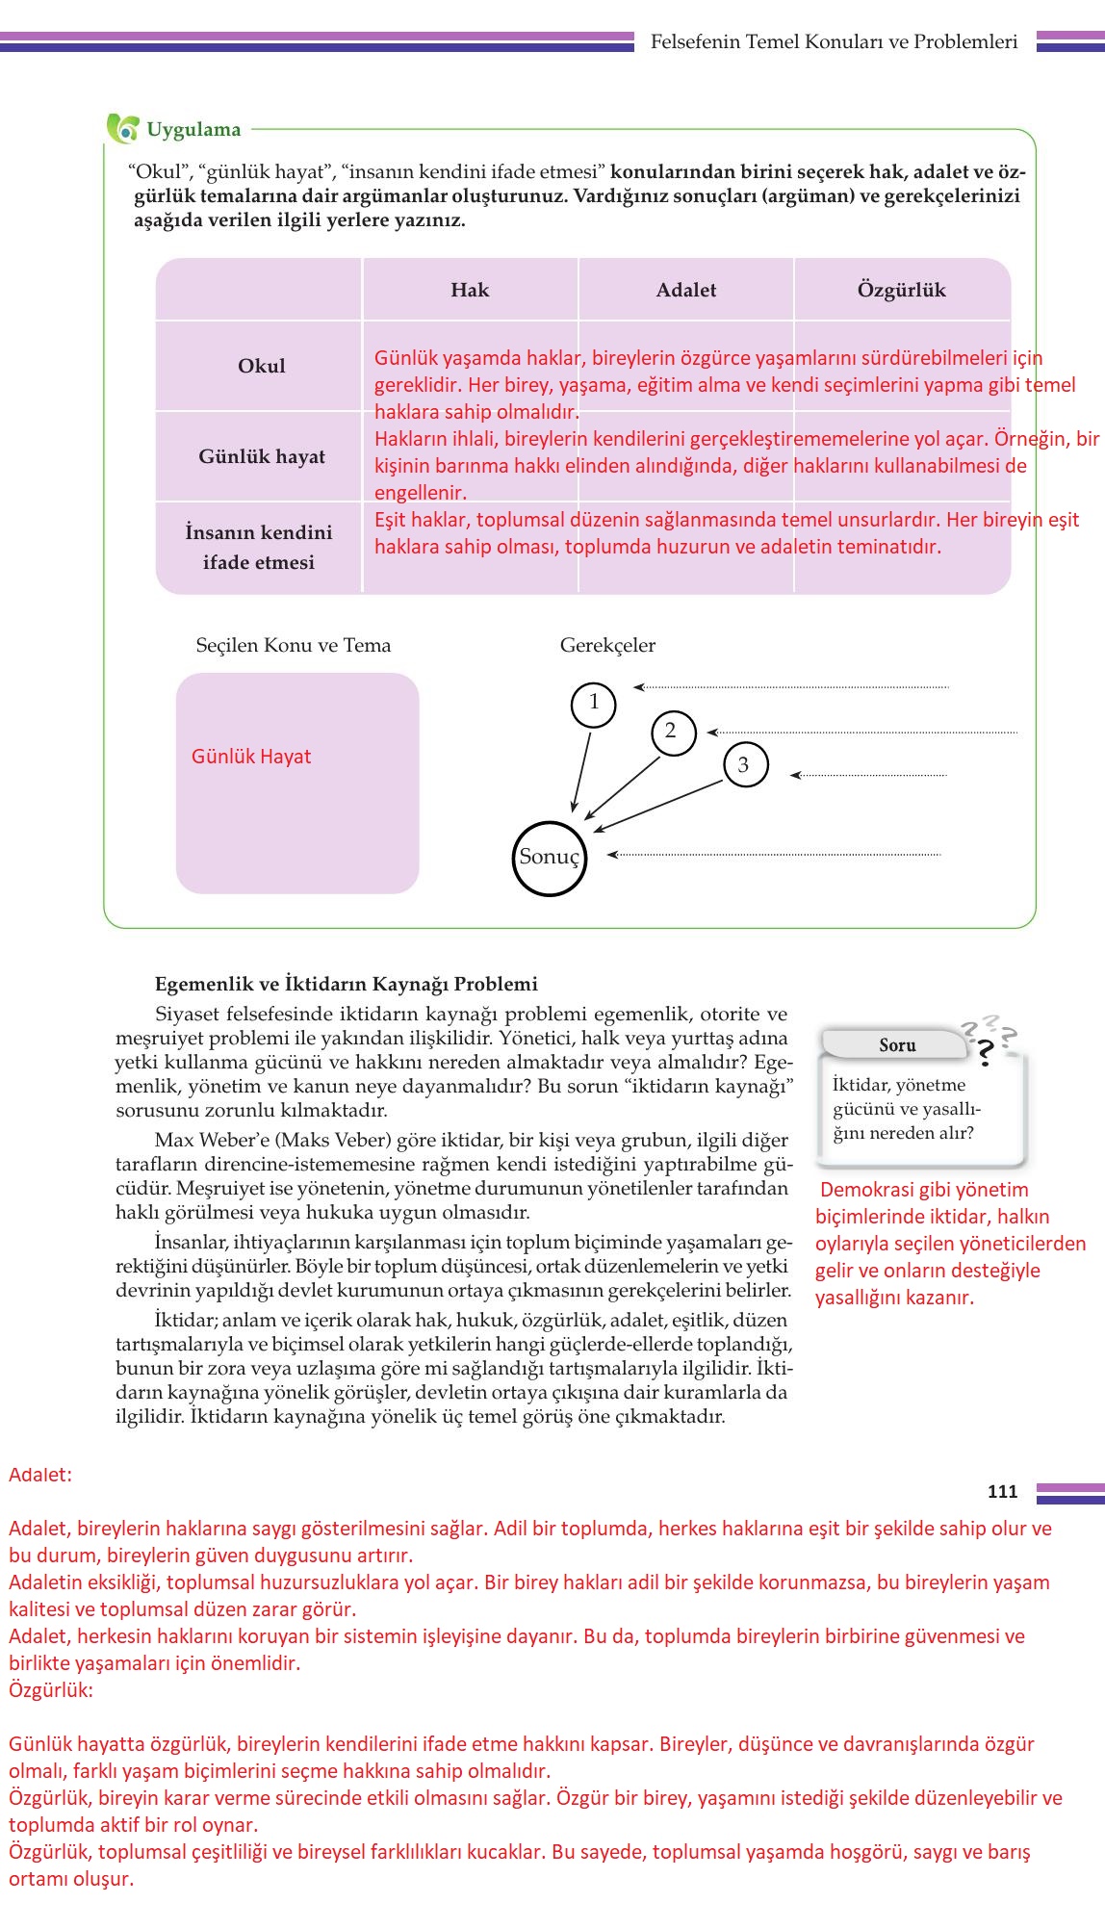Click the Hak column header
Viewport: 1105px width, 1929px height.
[x=470, y=290]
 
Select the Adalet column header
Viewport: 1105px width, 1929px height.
[x=685, y=290]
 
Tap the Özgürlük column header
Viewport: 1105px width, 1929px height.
[x=901, y=290]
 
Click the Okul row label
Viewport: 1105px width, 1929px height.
[x=261, y=366]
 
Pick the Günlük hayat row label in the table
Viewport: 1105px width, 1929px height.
[x=262, y=456]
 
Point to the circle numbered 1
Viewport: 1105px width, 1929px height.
[x=593, y=704]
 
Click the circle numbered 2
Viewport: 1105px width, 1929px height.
[x=672, y=732]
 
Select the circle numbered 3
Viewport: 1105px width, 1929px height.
[x=744, y=765]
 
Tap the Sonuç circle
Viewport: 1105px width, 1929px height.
[x=549, y=857]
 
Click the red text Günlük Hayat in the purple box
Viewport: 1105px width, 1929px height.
[x=251, y=757]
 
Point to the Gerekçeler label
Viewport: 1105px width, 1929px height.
[x=607, y=645]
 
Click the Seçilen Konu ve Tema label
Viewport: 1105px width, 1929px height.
[x=294, y=645]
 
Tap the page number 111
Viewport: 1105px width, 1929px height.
[x=1002, y=1491]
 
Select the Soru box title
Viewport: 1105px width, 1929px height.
[x=897, y=1044]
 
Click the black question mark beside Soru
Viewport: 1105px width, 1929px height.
[x=984, y=1054]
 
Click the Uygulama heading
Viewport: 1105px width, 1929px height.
[x=193, y=130]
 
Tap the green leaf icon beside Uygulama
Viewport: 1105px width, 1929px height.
[x=122, y=128]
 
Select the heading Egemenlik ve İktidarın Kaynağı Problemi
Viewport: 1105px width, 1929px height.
[x=347, y=984]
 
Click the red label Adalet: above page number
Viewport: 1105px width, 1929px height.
[x=40, y=1474]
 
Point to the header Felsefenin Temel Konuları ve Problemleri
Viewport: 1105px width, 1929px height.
[x=834, y=41]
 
